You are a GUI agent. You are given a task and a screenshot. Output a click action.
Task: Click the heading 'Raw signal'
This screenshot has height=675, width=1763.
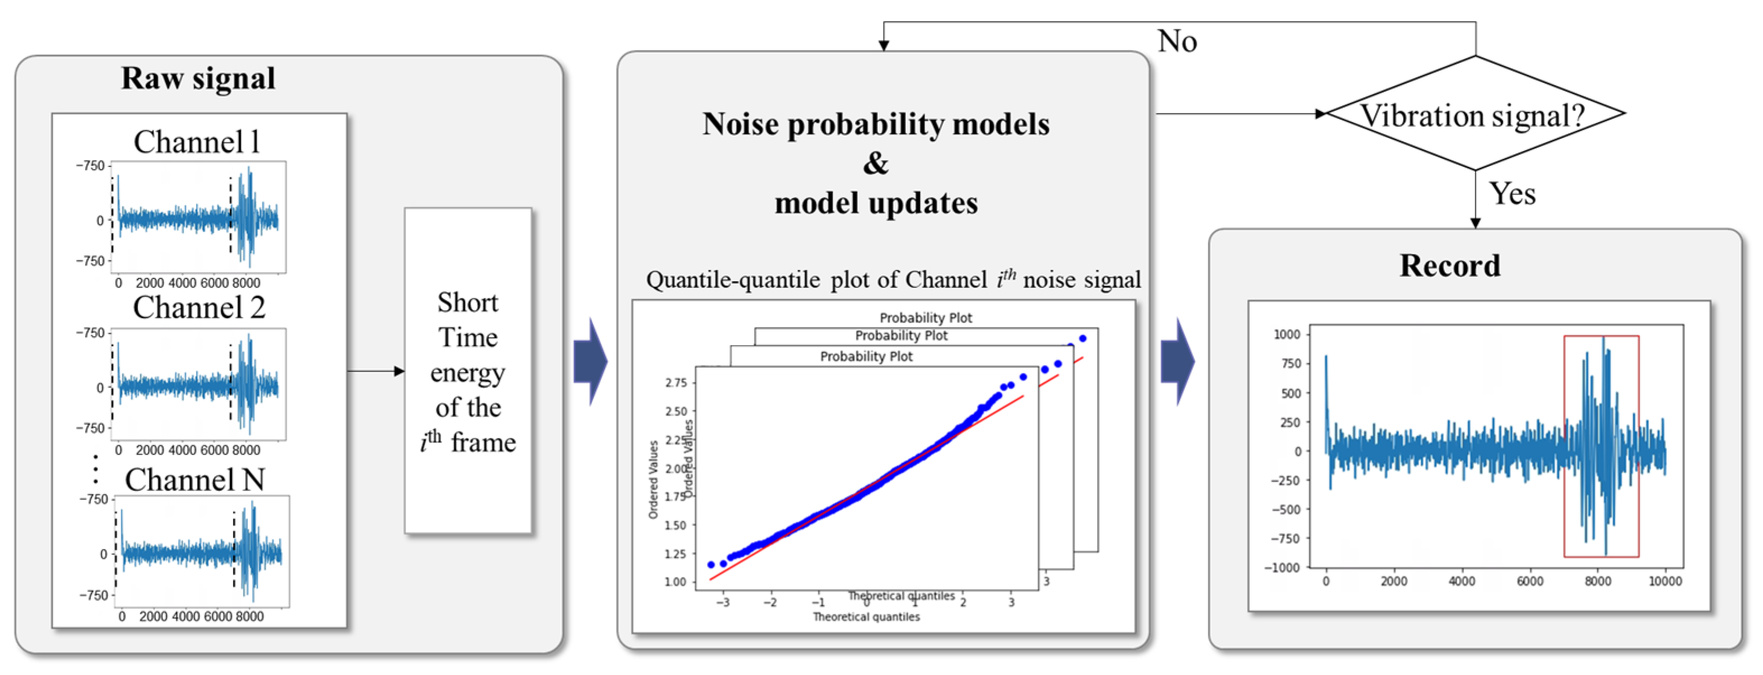pos(198,78)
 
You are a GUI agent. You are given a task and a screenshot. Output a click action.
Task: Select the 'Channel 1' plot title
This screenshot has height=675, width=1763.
pos(197,142)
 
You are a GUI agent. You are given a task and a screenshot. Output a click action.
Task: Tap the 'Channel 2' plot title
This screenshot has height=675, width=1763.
pos(198,308)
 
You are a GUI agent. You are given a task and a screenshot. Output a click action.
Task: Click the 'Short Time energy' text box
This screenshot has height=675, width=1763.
pos(468,371)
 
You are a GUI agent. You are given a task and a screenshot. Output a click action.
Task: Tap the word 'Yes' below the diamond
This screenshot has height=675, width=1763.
pos(1513,194)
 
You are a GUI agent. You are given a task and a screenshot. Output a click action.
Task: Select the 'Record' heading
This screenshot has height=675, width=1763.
pos(1449,266)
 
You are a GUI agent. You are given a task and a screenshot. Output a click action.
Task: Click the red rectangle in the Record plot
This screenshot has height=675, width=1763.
pos(1601,446)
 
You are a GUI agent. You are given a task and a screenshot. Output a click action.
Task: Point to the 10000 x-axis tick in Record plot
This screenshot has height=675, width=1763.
pos(1664,581)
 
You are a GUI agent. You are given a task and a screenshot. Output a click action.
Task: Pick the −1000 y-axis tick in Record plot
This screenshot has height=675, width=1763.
pos(1281,567)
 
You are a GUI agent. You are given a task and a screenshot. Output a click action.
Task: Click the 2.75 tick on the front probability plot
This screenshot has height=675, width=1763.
pos(676,383)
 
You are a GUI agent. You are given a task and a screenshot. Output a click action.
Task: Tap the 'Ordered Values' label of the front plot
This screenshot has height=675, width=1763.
pos(653,479)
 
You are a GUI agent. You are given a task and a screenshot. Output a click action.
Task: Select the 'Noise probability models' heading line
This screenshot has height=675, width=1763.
pos(876,124)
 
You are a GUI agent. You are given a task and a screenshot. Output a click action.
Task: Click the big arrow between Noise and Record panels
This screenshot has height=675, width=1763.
pos(1178,361)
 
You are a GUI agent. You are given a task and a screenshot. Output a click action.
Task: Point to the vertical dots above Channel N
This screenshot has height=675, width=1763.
pos(95,469)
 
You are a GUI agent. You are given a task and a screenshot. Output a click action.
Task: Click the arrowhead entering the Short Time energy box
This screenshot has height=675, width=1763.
pos(399,371)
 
